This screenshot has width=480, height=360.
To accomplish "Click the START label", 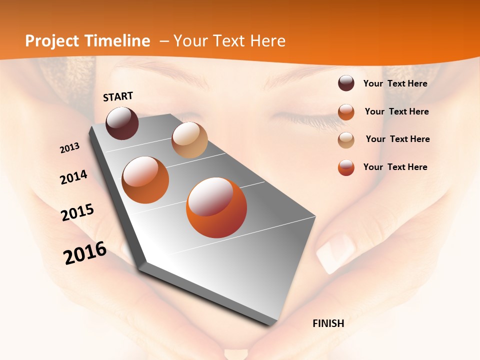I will [x=118, y=96].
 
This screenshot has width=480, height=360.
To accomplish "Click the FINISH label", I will [x=328, y=323].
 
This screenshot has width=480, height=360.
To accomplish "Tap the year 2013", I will [x=69, y=148].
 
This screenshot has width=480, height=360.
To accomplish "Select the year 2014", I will [x=73, y=177].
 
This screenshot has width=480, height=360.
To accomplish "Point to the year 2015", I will [x=77, y=212].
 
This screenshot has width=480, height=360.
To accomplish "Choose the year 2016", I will [x=85, y=253].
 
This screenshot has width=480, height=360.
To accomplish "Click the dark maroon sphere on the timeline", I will [x=122, y=123].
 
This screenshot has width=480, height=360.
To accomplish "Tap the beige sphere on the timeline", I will [x=189, y=140].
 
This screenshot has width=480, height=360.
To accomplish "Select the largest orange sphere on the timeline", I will [x=216, y=207].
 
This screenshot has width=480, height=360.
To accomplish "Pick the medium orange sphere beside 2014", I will [x=145, y=180].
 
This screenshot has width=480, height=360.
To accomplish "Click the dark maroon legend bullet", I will [x=346, y=83].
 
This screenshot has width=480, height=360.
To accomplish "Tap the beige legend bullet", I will [x=346, y=140].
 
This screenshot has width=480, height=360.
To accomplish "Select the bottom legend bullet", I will [x=346, y=167].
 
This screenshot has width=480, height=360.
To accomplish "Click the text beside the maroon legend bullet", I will [x=395, y=83].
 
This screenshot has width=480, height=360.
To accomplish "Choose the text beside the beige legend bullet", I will [x=397, y=139].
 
